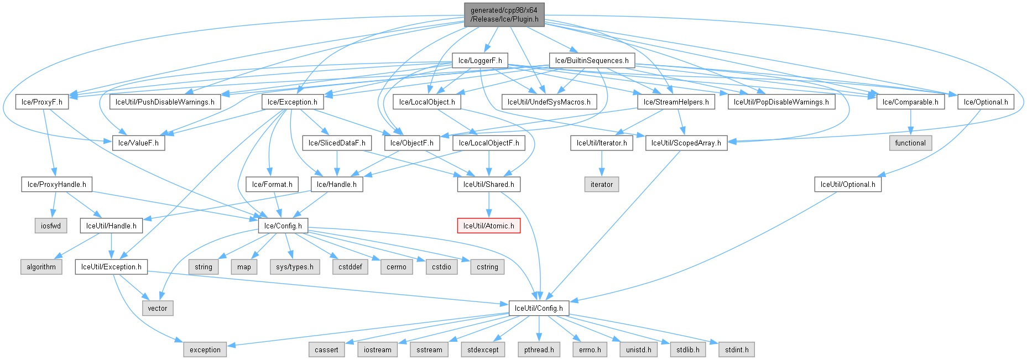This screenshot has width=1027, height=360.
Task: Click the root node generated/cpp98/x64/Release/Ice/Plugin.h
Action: coord(504,14)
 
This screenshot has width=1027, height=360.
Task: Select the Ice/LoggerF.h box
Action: coord(480,60)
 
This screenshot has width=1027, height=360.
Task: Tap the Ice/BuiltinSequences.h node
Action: coord(592,60)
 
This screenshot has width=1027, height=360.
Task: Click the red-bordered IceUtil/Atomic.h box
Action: coord(488,226)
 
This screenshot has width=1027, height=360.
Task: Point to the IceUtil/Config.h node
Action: coord(539,308)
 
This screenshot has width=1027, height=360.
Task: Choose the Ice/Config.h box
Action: coord(283,226)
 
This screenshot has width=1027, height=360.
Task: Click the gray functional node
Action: coord(910,143)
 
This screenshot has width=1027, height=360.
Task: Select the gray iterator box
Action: coord(602,184)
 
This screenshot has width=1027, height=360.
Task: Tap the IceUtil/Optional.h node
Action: coord(848,184)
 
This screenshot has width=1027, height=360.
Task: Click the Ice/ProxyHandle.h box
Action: coord(57,184)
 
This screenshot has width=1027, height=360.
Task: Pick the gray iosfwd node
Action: coord(51,226)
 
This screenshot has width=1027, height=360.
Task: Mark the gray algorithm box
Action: coord(41,267)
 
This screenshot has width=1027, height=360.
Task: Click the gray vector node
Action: coord(158,308)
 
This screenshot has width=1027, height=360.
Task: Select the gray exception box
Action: coord(205,349)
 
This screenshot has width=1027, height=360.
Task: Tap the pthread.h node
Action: coord(539,349)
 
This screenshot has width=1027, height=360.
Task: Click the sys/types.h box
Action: coord(295,267)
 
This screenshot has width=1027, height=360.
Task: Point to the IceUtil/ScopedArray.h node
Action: coord(686,143)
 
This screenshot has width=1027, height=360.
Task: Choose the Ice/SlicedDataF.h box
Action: coord(337,143)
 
